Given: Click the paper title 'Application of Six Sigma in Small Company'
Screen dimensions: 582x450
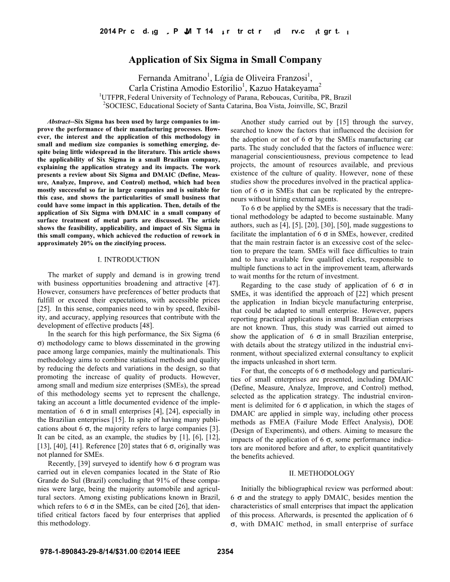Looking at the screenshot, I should (225, 60).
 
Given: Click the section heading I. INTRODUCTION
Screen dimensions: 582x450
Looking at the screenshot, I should (128, 259).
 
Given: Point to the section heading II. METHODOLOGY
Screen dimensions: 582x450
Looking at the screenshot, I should (321, 473).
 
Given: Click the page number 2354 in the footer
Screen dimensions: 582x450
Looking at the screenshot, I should (225, 551).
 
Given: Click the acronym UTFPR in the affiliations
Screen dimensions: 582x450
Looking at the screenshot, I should (112, 97).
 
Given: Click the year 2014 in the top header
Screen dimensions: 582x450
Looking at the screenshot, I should (107, 32).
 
